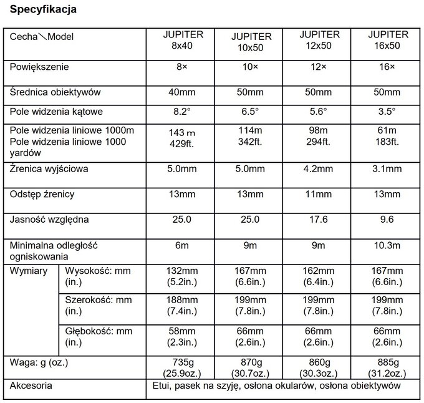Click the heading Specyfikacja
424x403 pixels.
click(44, 11)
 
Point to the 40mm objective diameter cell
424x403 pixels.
click(182, 92)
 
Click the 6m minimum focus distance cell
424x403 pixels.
click(182, 245)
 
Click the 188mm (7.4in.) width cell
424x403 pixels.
click(182, 306)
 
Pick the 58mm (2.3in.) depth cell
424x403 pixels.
click(182, 336)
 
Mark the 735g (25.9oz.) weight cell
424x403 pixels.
click(182, 366)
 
